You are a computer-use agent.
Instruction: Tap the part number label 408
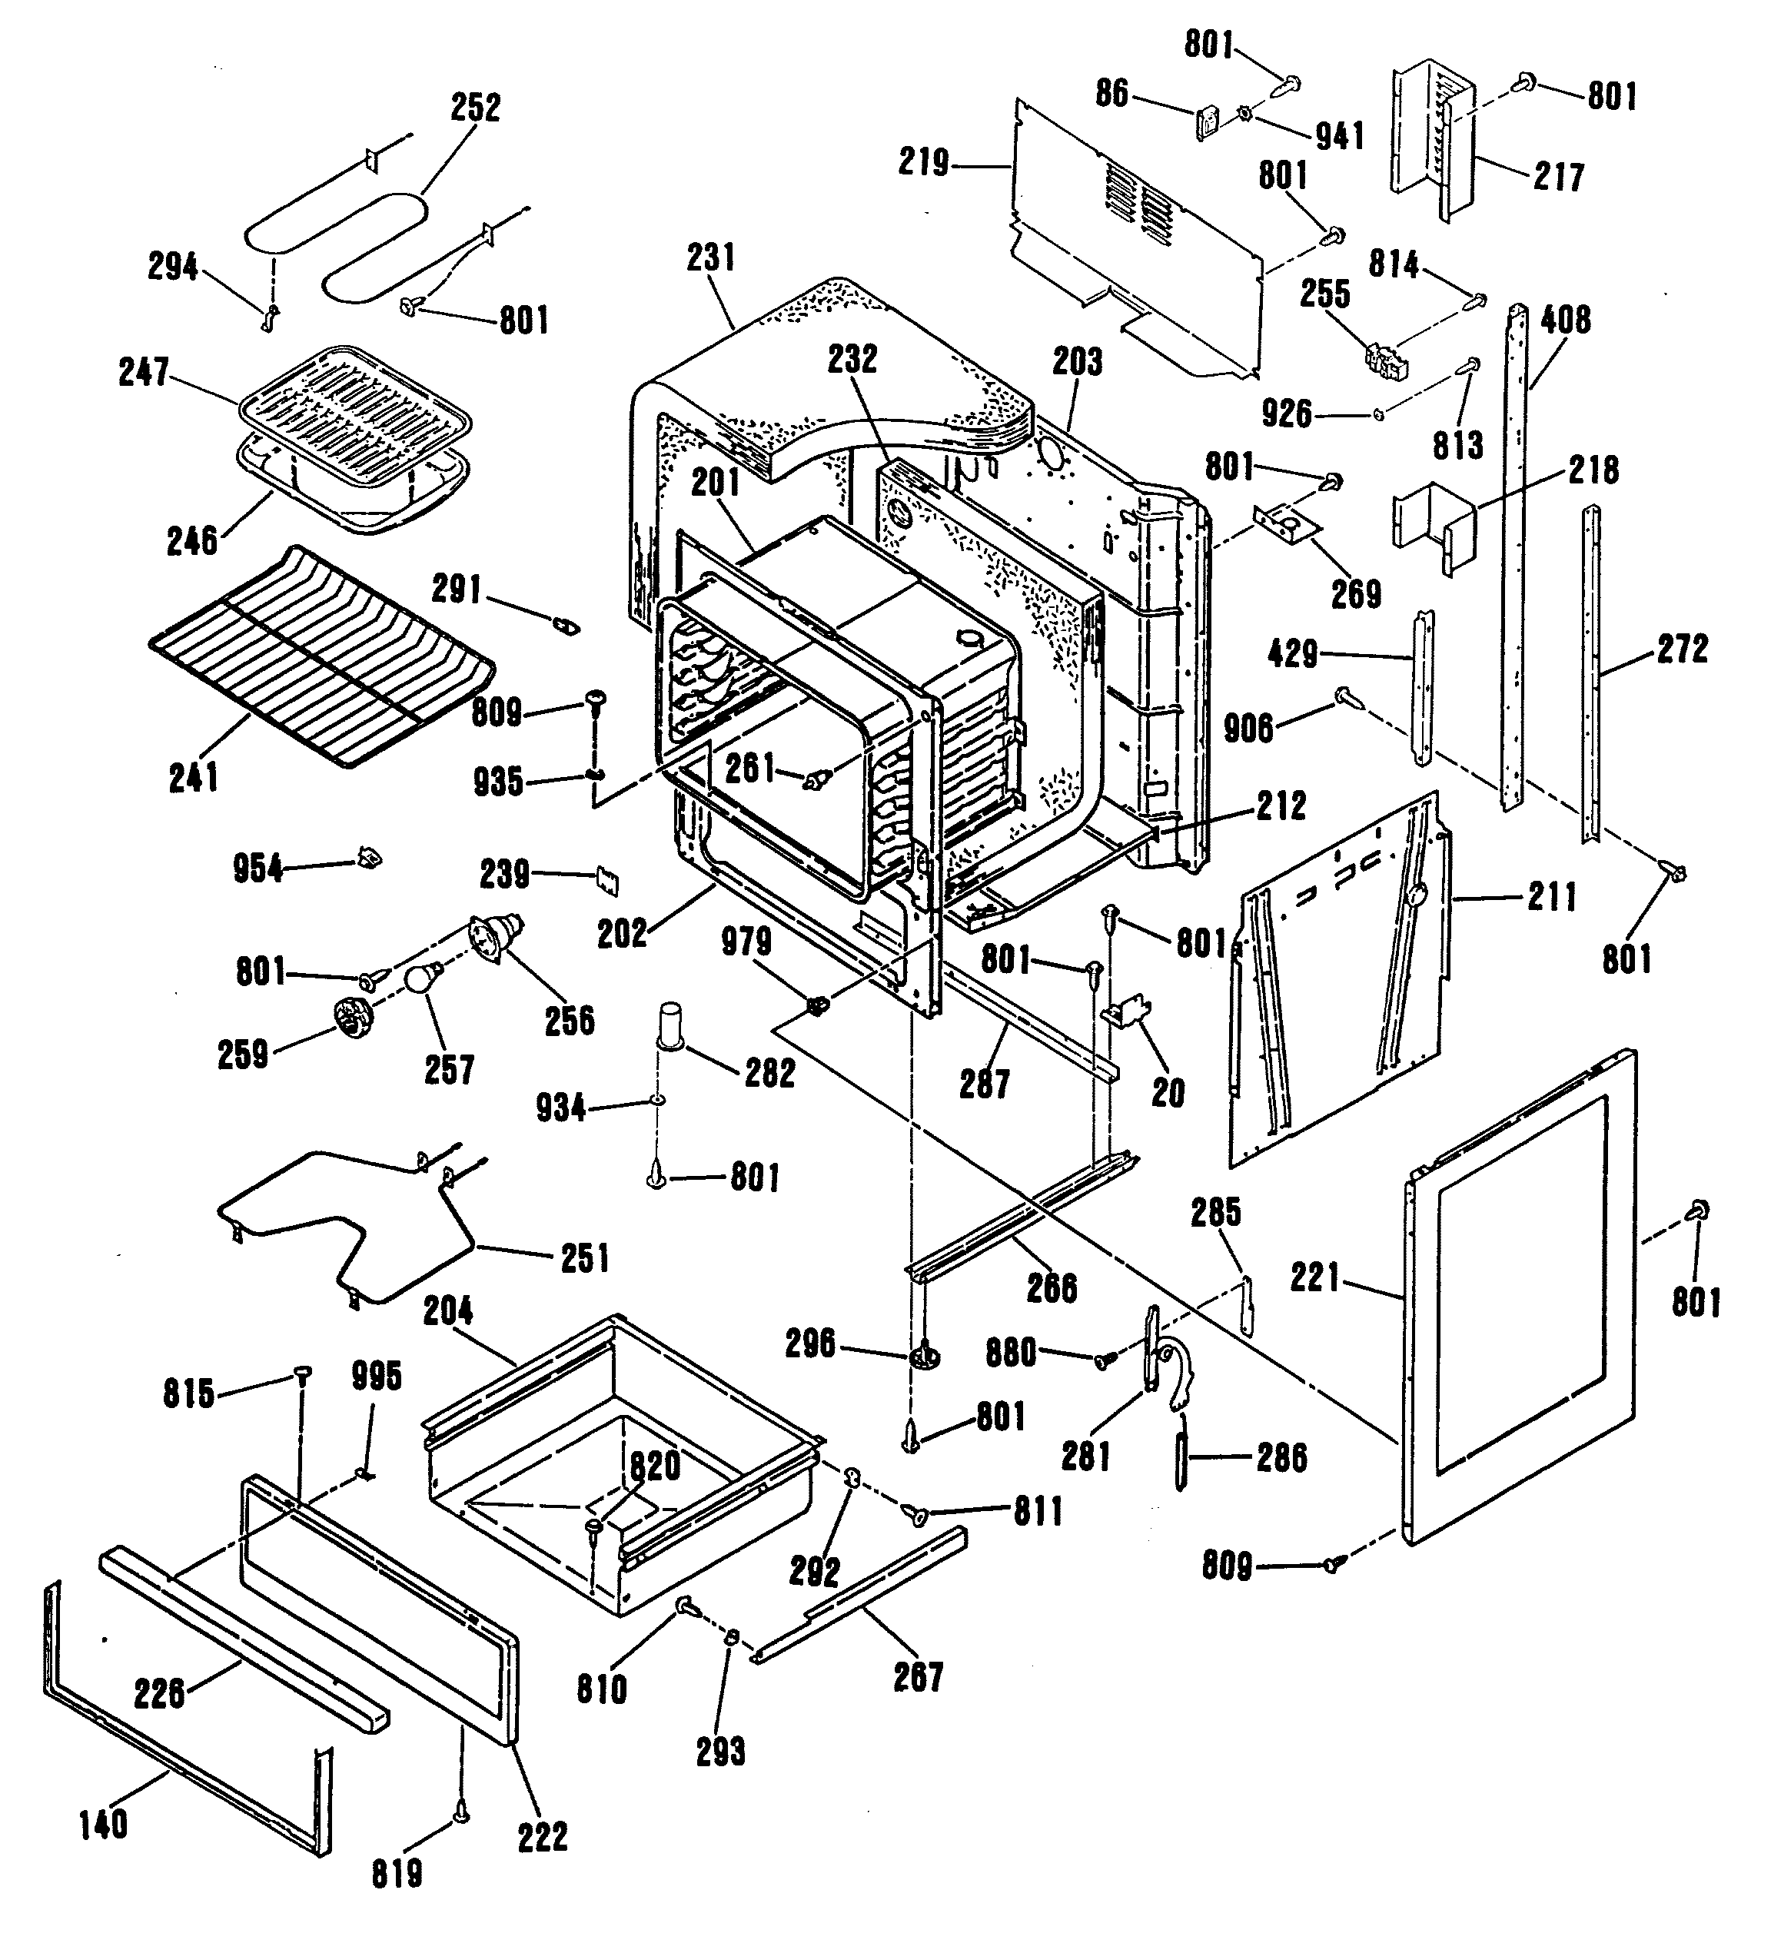[1565, 320]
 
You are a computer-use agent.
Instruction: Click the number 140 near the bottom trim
[102, 1825]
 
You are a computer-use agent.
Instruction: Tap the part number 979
[746, 942]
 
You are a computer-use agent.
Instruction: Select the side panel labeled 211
[1340, 983]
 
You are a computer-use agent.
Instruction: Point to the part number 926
[1287, 414]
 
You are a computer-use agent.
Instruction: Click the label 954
[258, 869]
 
